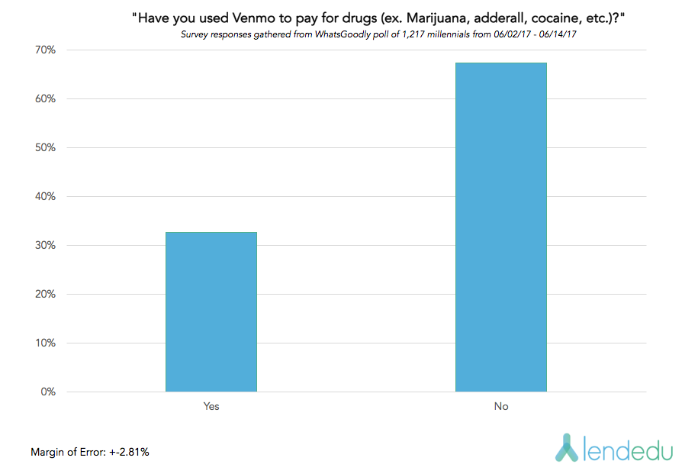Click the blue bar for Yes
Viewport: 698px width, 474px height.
(211, 311)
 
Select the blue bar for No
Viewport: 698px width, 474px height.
(501, 227)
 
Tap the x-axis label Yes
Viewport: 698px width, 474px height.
(211, 406)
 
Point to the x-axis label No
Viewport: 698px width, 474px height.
(501, 406)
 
